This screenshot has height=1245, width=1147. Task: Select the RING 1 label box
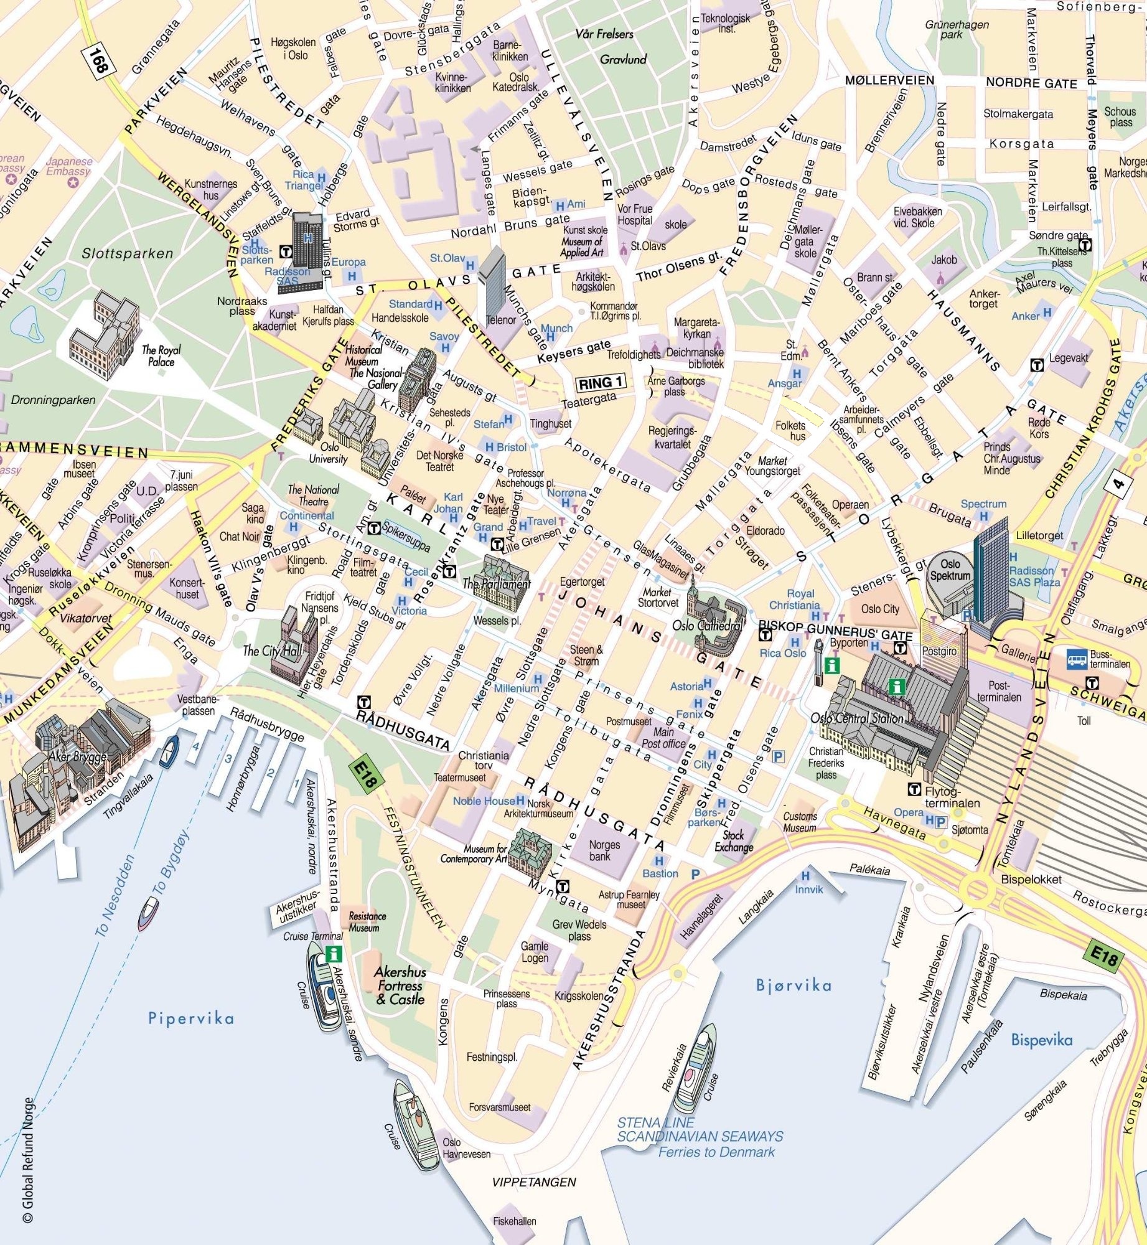601,383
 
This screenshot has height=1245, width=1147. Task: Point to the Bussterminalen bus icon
1077,658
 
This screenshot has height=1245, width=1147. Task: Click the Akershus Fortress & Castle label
400,985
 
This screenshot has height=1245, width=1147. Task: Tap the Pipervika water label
191,1018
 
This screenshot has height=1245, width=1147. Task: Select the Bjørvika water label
794,985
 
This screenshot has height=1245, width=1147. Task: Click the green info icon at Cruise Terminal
334,954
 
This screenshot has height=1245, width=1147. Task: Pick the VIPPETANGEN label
534,1182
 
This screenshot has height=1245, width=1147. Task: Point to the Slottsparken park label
127,253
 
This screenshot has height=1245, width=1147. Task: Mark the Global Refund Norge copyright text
28,1170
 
